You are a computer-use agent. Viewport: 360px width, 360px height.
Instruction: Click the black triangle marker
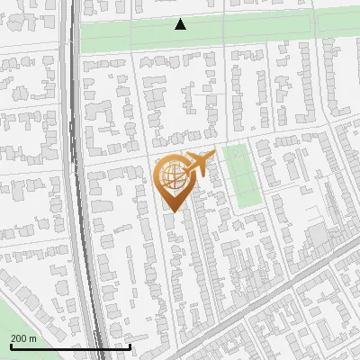pyautogui.click(x=181, y=24)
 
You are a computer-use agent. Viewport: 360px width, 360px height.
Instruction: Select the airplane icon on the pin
pyautogui.click(x=199, y=164)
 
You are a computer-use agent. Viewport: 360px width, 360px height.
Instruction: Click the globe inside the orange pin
pyautogui.click(x=171, y=176)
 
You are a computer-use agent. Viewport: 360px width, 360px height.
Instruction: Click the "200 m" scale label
pyautogui.click(x=23, y=338)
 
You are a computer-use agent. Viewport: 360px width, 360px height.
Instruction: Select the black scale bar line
pyautogui.click(x=70, y=346)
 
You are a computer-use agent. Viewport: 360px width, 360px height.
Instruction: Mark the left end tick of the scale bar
pyautogui.click(x=11, y=346)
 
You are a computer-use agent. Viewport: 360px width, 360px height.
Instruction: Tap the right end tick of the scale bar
pyautogui.click(x=130, y=346)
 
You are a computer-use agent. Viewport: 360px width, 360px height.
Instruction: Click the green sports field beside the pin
pyautogui.click(x=240, y=176)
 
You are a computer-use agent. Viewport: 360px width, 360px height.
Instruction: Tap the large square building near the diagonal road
pyautogui.click(x=318, y=238)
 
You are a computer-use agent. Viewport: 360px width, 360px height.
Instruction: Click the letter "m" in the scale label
pyautogui.click(x=32, y=338)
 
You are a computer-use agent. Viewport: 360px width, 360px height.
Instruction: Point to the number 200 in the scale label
pyautogui.click(x=19, y=338)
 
